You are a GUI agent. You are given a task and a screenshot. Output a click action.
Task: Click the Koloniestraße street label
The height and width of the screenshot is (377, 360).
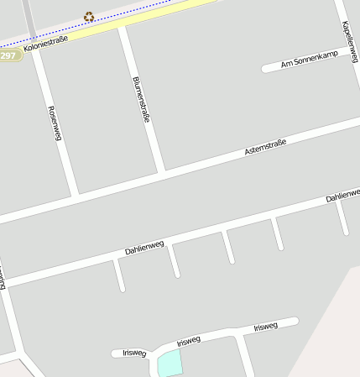tap(45, 43)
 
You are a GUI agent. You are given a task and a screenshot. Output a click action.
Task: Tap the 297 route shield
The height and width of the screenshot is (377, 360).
tap(8, 55)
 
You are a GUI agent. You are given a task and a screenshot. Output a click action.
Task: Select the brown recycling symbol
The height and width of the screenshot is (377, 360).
tap(89, 17)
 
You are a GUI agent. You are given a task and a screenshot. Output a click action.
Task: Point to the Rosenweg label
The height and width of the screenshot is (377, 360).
tap(55, 123)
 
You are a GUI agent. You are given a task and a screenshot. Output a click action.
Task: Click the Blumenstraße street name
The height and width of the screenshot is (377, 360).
tap(141, 100)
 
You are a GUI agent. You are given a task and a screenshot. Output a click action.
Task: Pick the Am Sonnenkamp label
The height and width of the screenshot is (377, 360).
tap(309, 60)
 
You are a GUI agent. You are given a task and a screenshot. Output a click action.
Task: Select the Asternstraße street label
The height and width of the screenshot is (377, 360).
tap(265, 147)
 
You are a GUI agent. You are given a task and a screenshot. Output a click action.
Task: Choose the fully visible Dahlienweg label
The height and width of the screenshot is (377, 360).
tap(144, 248)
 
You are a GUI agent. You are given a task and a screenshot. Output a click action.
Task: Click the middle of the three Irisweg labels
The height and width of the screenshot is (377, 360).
tap(189, 341)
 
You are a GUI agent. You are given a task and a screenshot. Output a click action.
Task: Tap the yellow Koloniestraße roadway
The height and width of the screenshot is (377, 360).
tap(168, 14)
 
